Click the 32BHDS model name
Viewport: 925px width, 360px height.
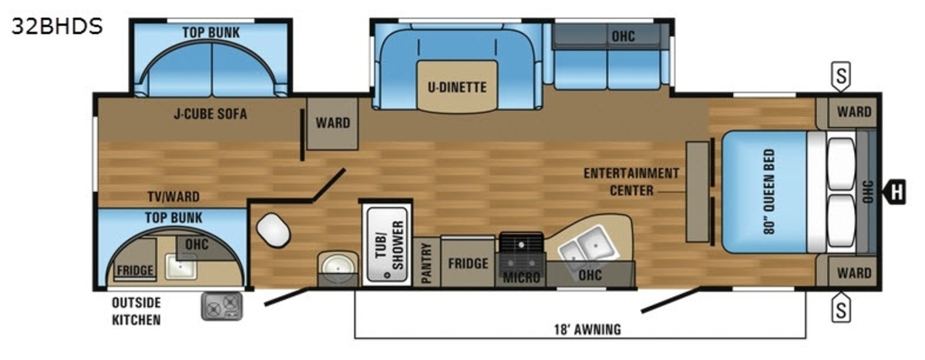tap(57, 26)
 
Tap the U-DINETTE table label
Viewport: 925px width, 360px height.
tap(457, 87)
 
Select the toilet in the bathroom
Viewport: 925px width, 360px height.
tap(273, 230)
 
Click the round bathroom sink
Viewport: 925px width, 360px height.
tap(338, 267)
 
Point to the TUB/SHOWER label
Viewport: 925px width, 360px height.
tap(389, 245)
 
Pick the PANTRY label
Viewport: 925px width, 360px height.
tap(426, 263)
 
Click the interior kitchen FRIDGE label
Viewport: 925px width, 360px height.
tap(469, 264)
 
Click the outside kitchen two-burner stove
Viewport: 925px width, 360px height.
tap(222, 306)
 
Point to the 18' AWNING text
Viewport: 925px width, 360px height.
tap(587, 329)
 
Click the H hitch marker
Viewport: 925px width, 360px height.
tap(895, 192)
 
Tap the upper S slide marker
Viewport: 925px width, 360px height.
tap(841, 76)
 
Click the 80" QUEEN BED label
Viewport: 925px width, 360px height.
tap(769, 191)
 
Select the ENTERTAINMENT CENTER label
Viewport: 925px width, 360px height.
tap(631, 182)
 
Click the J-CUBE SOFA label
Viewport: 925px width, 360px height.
tap(210, 113)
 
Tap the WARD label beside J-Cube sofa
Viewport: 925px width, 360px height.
tap(333, 123)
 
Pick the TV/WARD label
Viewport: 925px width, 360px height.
tap(173, 197)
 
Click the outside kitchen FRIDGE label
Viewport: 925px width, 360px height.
tap(135, 271)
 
